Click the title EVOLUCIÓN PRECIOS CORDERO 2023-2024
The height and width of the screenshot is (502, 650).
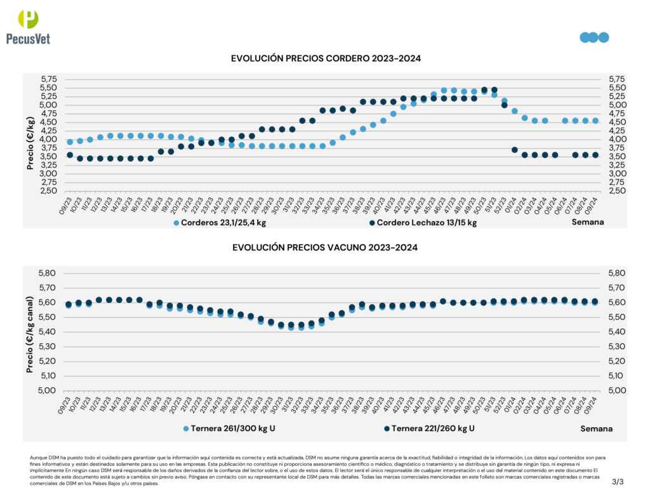click(326, 58)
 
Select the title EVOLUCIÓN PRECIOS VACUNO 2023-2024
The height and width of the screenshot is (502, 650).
click(325, 247)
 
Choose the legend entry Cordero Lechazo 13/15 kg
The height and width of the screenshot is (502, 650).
click(421, 223)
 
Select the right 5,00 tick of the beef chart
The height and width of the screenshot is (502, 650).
click(618, 390)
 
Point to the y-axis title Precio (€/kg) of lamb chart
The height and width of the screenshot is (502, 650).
click(30, 135)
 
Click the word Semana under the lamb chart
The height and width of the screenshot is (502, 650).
click(588, 222)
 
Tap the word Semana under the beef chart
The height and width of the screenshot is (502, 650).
click(596, 428)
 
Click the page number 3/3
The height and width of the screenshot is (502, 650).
click(618, 482)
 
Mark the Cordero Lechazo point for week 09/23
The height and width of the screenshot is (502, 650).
click(70, 155)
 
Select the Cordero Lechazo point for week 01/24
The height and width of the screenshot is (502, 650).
click(514, 150)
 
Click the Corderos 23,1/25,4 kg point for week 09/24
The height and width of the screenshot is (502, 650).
click(595, 121)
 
